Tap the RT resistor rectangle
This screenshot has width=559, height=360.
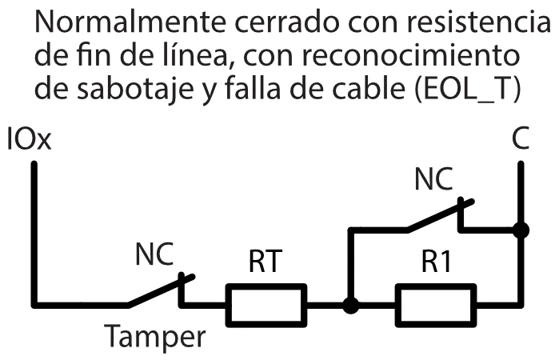click(x=266, y=305)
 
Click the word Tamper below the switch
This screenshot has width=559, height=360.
click(x=156, y=337)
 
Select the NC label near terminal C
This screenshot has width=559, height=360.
click(x=433, y=181)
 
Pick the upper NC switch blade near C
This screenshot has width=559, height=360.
click(x=436, y=218)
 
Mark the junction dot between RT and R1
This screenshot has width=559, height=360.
click(x=349, y=305)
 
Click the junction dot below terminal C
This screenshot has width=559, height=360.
click(x=521, y=230)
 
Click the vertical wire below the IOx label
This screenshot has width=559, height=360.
click(x=34, y=232)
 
